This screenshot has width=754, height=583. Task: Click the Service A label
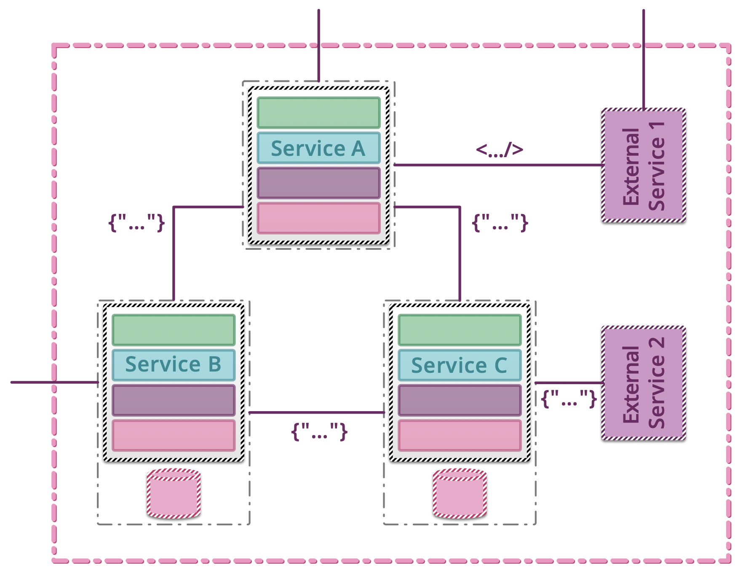tap(318, 148)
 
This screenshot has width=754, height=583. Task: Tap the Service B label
tap(174, 365)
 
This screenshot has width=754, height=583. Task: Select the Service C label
tap(460, 365)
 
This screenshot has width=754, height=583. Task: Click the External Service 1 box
tap(643, 166)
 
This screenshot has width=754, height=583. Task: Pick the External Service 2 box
tap(643, 383)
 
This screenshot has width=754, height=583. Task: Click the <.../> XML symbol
tap(499, 150)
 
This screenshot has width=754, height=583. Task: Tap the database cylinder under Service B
tap(174, 493)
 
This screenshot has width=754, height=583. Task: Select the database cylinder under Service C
tap(460, 493)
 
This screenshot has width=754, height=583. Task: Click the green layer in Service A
tap(318, 113)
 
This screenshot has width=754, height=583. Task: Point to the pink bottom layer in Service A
tap(318, 218)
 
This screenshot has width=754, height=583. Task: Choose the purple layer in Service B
tap(174, 400)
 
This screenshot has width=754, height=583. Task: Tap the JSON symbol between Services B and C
tap(319, 432)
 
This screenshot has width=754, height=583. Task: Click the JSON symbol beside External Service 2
tap(569, 398)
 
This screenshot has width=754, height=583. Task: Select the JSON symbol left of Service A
tap(136, 222)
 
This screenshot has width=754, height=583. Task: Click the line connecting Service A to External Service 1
tap(497, 165)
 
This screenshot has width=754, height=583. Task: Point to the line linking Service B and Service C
tap(316, 412)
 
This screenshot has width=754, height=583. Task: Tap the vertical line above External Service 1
tap(643, 59)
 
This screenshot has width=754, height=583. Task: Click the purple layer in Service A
tap(318, 183)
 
